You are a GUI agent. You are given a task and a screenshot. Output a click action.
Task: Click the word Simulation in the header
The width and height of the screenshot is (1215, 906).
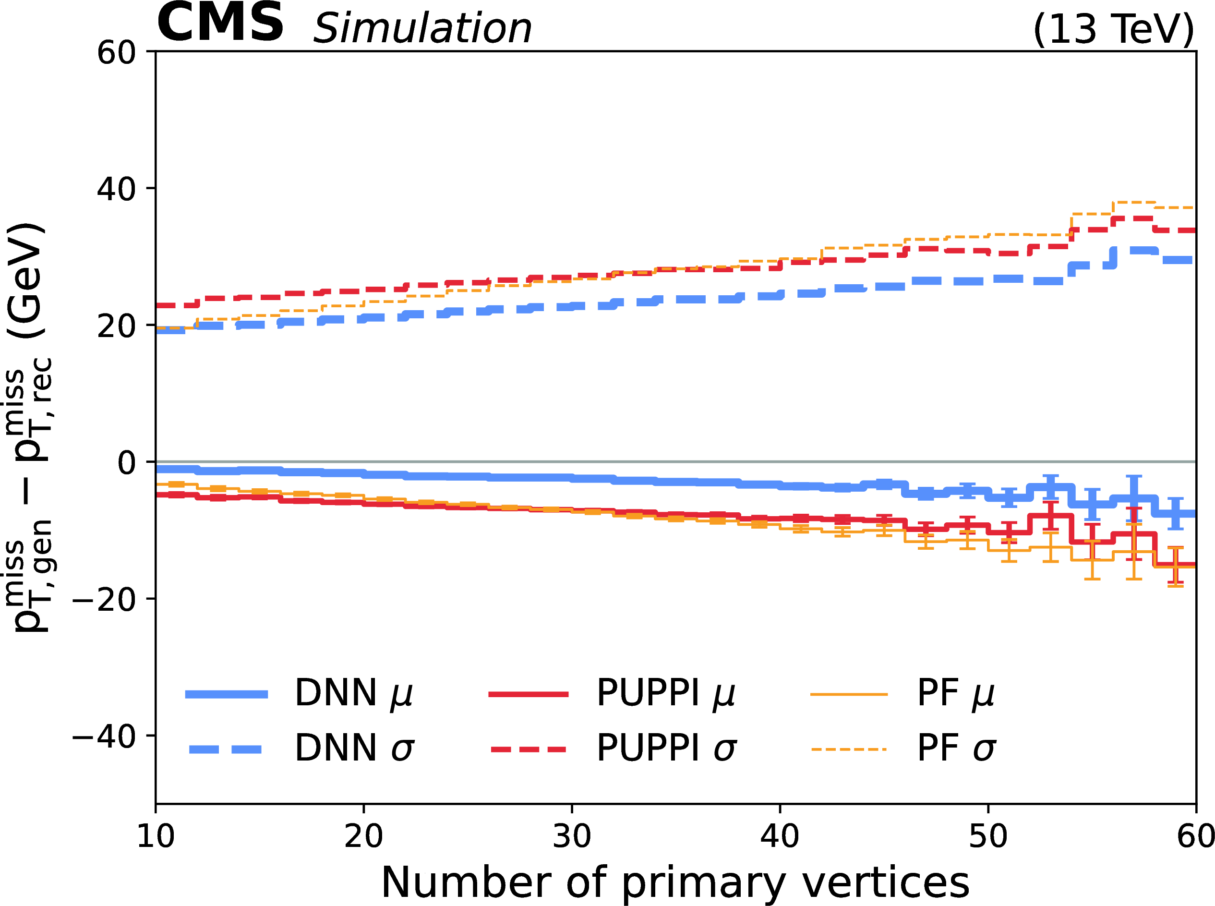point(421,28)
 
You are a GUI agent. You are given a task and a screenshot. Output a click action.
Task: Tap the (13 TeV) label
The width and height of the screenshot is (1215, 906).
point(1113,30)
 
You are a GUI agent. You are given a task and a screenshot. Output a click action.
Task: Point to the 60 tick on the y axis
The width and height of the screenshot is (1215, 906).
point(116,53)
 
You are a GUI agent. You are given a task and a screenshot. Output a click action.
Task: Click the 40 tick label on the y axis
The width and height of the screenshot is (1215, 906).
point(116,189)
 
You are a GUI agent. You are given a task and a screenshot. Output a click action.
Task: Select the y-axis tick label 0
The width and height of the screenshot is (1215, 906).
point(127,463)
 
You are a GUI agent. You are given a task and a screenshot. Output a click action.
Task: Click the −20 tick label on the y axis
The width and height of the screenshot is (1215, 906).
point(104,599)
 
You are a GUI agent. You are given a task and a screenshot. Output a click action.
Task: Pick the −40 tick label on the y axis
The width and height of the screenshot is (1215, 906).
point(104,737)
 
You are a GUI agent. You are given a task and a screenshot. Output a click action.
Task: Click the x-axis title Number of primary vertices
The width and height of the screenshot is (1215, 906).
point(675,882)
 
